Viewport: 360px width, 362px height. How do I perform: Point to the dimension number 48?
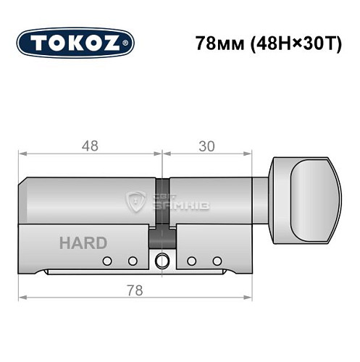point(91,145)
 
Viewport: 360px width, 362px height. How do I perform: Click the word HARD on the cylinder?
point(83,243)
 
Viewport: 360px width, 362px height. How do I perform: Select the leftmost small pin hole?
point(107,261)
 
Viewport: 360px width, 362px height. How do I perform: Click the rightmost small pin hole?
point(217,261)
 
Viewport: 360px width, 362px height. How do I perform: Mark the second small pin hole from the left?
point(132,261)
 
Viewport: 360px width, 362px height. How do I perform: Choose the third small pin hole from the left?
point(192,261)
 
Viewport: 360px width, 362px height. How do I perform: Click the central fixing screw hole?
point(162,261)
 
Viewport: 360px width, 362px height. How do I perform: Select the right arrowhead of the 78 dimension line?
point(252,298)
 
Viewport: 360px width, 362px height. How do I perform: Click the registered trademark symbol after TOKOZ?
point(129,43)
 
